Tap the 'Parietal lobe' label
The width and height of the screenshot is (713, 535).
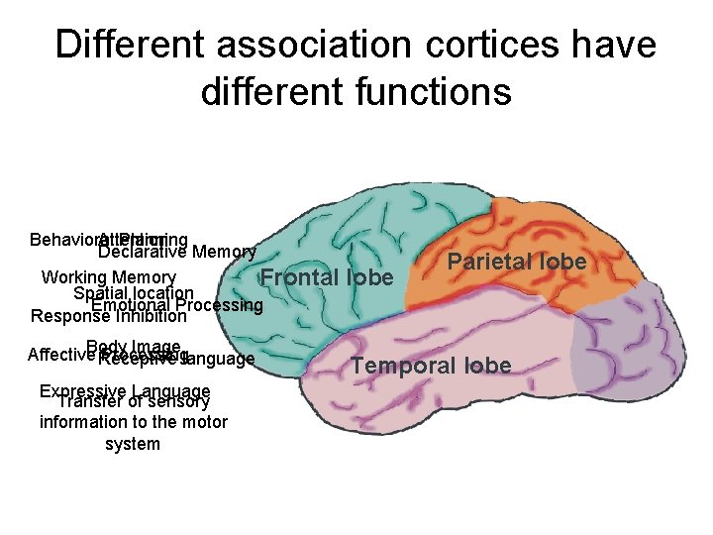click(x=517, y=262)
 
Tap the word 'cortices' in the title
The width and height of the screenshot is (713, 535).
click(x=476, y=44)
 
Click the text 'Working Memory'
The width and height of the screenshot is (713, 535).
click(x=109, y=277)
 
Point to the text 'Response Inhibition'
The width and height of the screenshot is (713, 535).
click(x=109, y=317)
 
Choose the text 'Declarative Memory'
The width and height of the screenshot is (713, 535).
click(x=177, y=252)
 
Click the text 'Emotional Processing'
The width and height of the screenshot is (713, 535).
click(x=176, y=305)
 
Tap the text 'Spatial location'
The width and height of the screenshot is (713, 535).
click(x=133, y=293)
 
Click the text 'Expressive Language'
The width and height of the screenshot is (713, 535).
click(x=125, y=391)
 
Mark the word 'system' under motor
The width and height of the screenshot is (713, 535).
click(x=133, y=444)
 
